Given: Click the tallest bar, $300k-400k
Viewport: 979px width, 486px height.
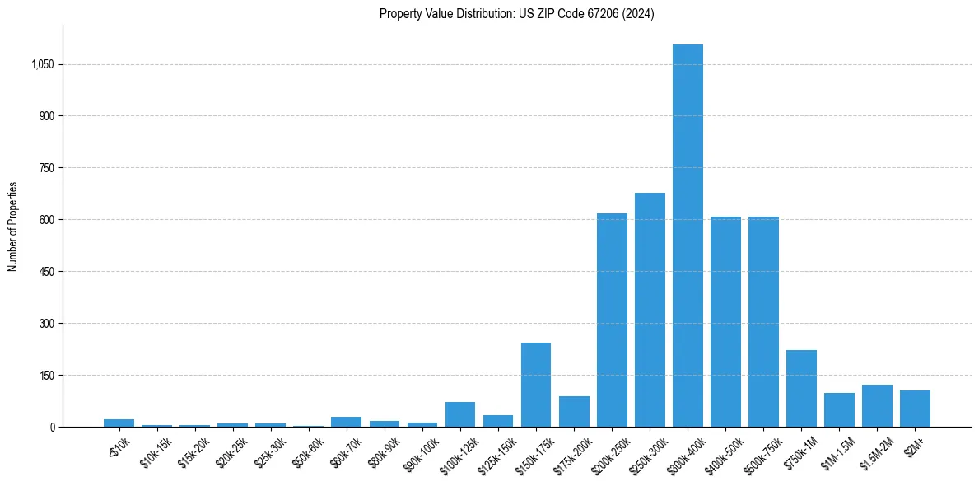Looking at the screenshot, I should point(688,236).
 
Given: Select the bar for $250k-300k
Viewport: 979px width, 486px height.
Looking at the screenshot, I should point(650,310).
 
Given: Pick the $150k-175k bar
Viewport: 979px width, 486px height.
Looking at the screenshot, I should point(536,385).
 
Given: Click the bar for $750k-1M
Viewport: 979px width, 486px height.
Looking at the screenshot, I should point(801,388).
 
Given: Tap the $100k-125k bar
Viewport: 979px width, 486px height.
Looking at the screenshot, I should point(460,414).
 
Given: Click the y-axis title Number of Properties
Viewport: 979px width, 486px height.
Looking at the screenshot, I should point(13,226).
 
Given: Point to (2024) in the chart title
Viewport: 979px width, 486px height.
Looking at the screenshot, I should point(638,13).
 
